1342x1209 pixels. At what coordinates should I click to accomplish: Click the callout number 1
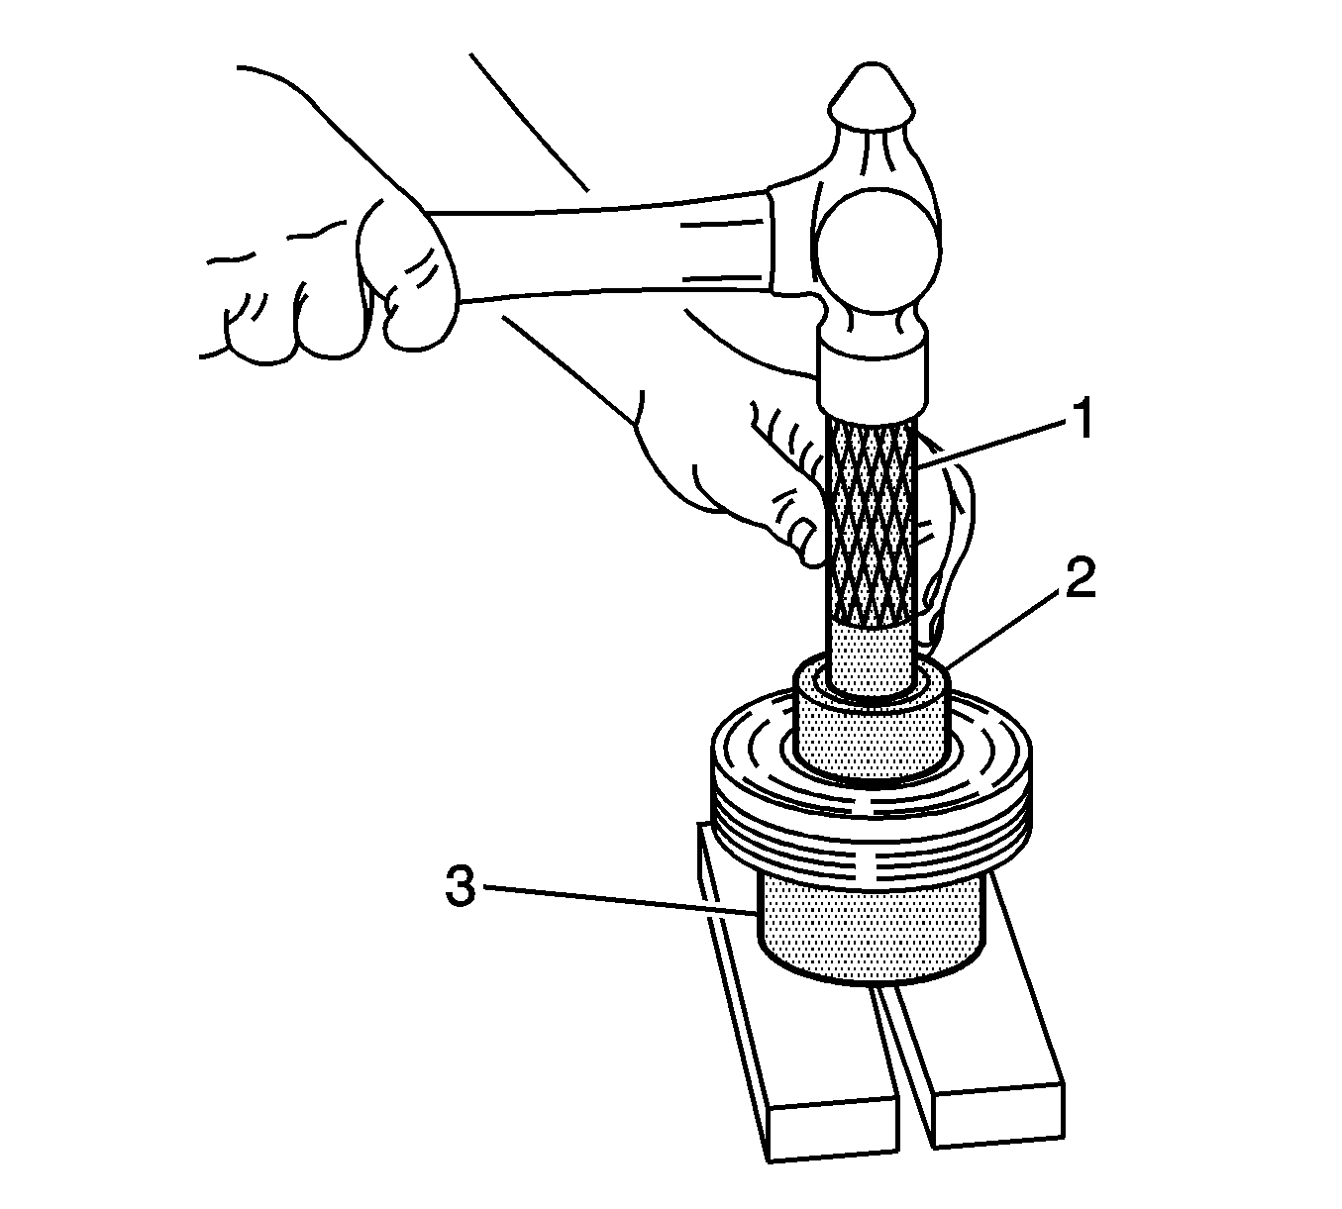1080,418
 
